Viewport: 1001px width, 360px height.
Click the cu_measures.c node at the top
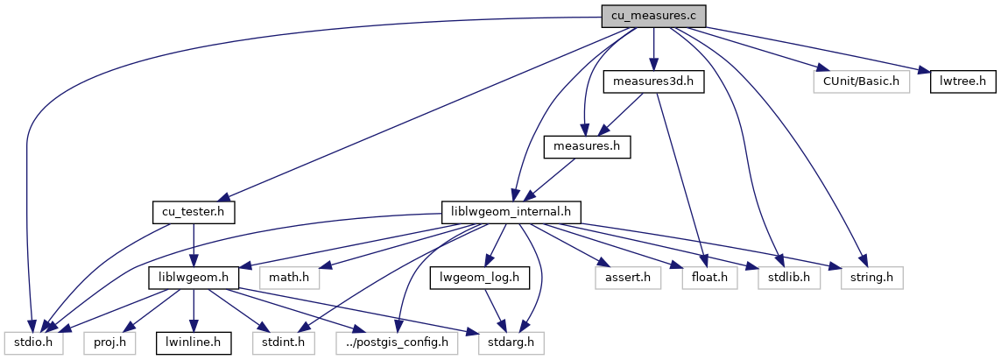point(652,16)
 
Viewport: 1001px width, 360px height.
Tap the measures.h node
point(587,146)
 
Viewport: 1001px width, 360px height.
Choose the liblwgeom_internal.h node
point(511,212)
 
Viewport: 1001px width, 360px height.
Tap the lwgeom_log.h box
point(474,278)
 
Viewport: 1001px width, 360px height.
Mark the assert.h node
point(623,278)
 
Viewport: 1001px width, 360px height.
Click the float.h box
point(705,278)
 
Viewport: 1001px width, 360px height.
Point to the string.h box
point(872,278)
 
